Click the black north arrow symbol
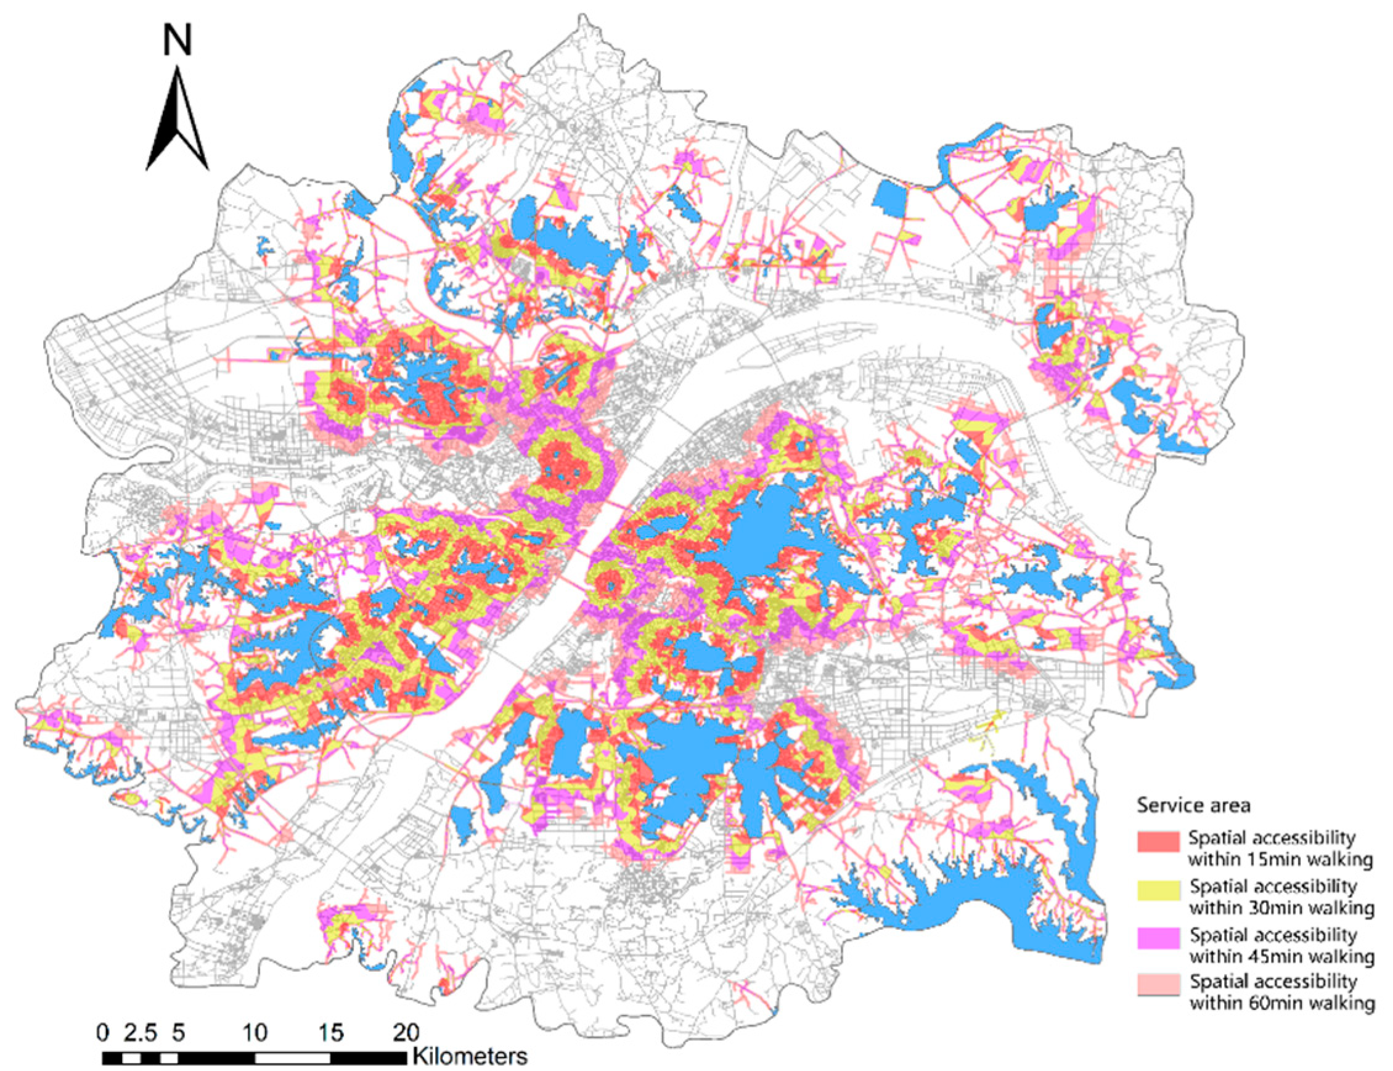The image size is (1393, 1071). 177,121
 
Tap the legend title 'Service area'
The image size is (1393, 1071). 1193,805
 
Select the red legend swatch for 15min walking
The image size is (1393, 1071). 1158,841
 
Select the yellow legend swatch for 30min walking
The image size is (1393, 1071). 1158,890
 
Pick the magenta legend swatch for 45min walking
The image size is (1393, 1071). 1158,939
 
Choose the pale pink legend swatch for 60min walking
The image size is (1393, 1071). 1158,985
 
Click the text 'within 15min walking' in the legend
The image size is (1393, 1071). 1280,859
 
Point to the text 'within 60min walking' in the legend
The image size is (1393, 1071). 1281,1003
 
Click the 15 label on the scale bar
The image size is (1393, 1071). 330,1032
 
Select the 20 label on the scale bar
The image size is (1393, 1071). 406,1032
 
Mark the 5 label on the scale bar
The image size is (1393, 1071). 179,1032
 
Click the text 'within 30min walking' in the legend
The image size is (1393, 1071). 1281,907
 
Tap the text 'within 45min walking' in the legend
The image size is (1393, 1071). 1281,956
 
